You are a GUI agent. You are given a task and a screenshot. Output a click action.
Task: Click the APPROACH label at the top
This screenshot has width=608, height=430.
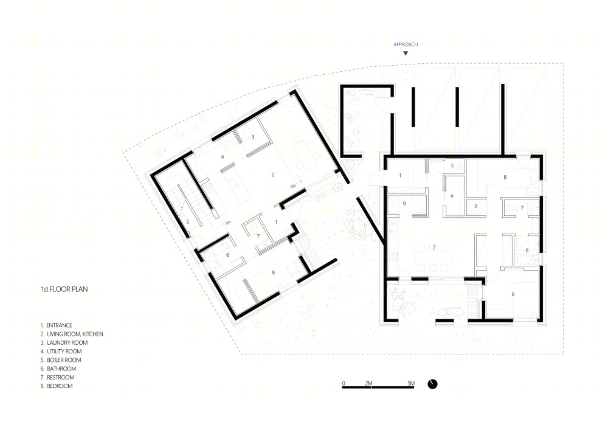[x=406, y=44]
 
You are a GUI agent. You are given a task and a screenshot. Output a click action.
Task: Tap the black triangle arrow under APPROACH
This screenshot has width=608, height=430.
[x=406, y=54]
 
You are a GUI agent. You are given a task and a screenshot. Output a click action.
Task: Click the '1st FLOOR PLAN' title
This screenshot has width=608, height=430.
[x=64, y=290]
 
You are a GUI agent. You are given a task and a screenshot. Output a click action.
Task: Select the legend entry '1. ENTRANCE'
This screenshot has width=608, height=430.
[x=57, y=325]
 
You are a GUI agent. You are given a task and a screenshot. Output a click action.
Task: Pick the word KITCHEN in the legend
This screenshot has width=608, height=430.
[x=92, y=334]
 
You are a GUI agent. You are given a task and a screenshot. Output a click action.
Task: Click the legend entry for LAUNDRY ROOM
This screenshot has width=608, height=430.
[x=64, y=343]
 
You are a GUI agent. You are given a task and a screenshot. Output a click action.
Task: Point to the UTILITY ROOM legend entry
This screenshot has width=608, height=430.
[x=61, y=352]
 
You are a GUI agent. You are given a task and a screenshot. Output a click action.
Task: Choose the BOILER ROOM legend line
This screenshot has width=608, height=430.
[x=61, y=360]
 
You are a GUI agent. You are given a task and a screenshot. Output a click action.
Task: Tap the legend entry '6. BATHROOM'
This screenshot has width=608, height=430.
[x=58, y=369]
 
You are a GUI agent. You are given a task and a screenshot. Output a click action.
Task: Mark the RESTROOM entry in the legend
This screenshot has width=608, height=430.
[x=57, y=377]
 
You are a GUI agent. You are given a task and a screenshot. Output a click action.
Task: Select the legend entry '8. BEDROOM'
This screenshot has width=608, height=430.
[x=57, y=386]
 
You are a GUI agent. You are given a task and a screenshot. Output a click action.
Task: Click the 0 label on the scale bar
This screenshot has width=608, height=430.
[x=344, y=383]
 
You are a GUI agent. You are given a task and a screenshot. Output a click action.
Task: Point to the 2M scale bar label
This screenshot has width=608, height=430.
[x=368, y=383]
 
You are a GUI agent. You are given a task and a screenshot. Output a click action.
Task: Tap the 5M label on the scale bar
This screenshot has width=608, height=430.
[x=411, y=383]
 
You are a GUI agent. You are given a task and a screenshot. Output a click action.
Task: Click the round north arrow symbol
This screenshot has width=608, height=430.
[x=432, y=384]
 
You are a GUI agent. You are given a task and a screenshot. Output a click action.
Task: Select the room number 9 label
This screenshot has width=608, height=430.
[x=404, y=203]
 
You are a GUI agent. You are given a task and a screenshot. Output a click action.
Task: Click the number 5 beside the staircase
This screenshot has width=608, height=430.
[x=188, y=222]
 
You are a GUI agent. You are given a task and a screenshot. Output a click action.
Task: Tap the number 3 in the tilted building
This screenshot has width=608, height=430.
[x=253, y=137]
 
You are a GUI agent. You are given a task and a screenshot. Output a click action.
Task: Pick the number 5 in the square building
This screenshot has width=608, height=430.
[x=452, y=165]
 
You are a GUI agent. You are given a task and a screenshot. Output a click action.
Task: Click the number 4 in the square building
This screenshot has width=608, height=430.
[x=452, y=196]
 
